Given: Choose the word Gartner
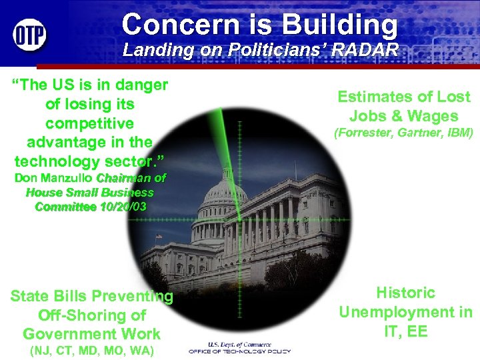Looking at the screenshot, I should (x=419, y=133).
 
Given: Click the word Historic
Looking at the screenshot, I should (x=405, y=292).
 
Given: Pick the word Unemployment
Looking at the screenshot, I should (x=405, y=311).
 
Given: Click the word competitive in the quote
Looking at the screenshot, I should (x=89, y=123).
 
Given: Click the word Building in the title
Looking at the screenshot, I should (x=339, y=25).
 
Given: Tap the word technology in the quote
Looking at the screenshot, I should (x=54, y=161).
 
